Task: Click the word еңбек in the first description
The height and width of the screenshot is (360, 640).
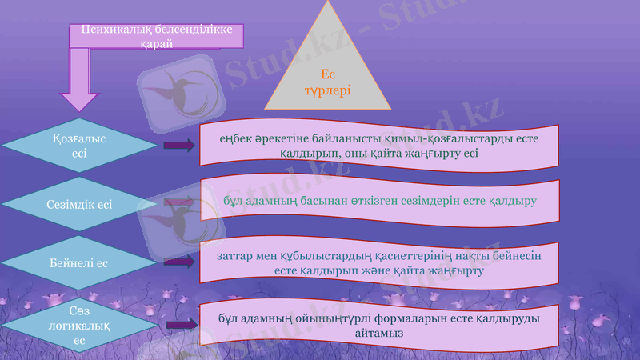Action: click(x=238, y=138)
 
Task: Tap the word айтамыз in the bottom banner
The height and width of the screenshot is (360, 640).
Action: click(x=379, y=331)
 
